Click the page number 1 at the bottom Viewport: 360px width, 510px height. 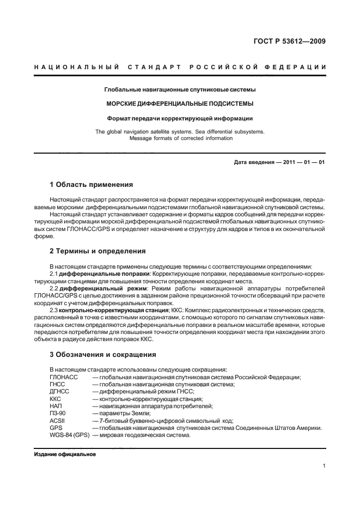pos(324,466)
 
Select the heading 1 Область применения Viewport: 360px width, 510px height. pos(91,185)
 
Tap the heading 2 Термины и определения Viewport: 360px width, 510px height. pos(97,251)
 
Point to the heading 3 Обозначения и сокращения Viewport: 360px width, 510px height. pos(103,355)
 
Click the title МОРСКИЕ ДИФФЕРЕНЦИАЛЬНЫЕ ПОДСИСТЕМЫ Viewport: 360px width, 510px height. pos(180,103)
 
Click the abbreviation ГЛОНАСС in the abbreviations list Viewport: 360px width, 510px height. pos(64,378)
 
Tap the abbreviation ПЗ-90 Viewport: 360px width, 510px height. pos(58,413)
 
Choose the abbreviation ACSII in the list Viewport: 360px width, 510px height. pos(57,420)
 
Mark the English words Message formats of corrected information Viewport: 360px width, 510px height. pos(180,138)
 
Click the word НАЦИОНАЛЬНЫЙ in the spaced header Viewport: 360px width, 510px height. pos(76,68)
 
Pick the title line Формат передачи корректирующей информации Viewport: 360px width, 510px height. pos(180,118)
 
